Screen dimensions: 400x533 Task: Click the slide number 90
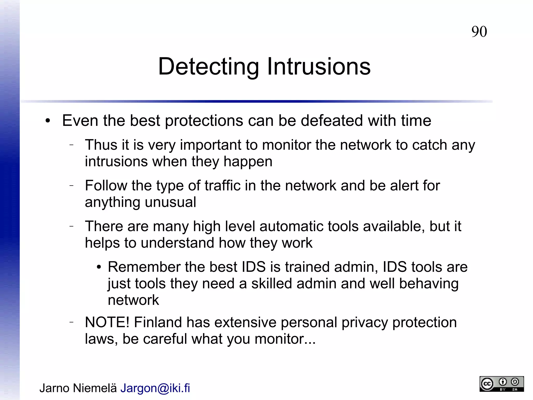[479, 32]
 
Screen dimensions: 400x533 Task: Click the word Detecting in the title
[208, 67]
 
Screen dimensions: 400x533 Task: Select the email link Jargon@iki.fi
[155, 388]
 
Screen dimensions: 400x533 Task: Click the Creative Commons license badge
[502, 384]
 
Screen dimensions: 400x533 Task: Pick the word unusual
[170, 202]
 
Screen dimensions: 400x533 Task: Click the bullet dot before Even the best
[47, 121]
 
